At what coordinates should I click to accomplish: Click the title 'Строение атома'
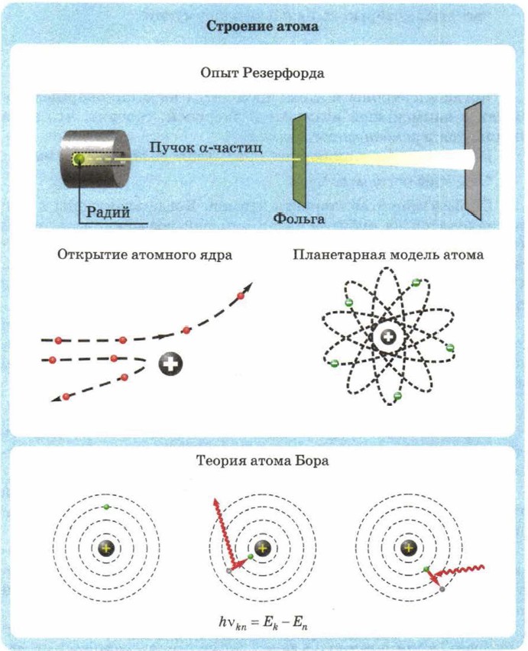click(263, 26)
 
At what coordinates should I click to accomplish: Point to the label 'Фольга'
click(299, 219)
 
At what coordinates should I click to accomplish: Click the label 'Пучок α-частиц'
click(206, 147)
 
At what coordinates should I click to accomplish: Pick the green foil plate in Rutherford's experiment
click(299, 160)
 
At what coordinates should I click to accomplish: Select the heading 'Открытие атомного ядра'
click(144, 255)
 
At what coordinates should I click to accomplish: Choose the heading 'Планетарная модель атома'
click(388, 255)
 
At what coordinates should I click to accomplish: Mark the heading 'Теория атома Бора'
click(263, 462)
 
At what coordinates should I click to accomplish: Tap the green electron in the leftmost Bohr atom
click(107, 507)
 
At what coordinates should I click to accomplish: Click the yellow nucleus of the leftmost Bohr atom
click(107, 548)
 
